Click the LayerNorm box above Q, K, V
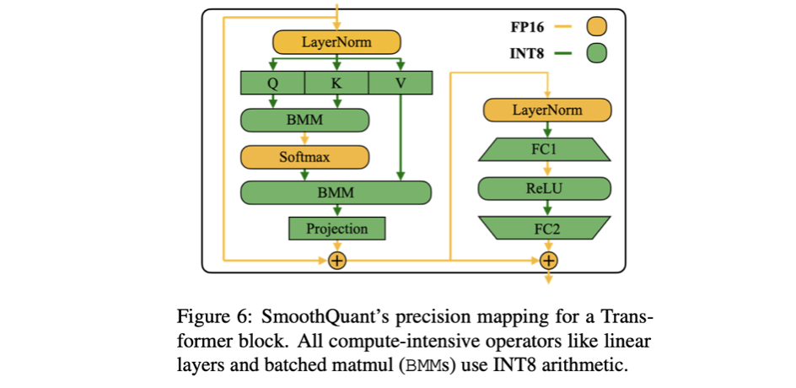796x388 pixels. pos(336,42)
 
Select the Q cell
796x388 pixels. pos(272,83)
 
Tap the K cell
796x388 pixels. pos(336,83)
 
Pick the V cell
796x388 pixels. pos(400,83)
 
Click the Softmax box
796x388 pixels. pos(304,157)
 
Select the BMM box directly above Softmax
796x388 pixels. pos(304,121)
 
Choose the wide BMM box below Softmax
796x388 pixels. pos(336,192)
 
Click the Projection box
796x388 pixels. pos(336,229)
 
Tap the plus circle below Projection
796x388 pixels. pos(336,260)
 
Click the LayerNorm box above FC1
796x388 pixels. pos(547,110)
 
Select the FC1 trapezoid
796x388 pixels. pos(547,149)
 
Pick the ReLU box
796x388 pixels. pos(547,188)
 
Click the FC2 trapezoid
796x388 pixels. pos(547,227)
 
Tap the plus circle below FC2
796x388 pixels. pos(548,260)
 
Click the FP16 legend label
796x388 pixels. pos(527,26)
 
